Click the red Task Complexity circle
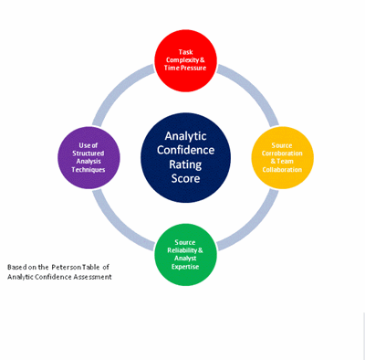click(x=185, y=61)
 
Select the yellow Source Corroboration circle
click(x=282, y=157)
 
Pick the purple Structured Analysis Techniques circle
click(x=89, y=158)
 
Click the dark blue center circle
click(x=185, y=157)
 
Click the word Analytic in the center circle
click(x=185, y=136)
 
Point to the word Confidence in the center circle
click(x=185, y=151)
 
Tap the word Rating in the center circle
click(x=185, y=165)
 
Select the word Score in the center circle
click(x=185, y=180)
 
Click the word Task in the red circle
click(x=185, y=53)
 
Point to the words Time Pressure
click(x=185, y=68)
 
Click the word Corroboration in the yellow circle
click(x=282, y=154)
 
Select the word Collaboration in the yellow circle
click(x=282, y=168)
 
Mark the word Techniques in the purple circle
click(x=89, y=170)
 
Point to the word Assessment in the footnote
click(x=89, y=277)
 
